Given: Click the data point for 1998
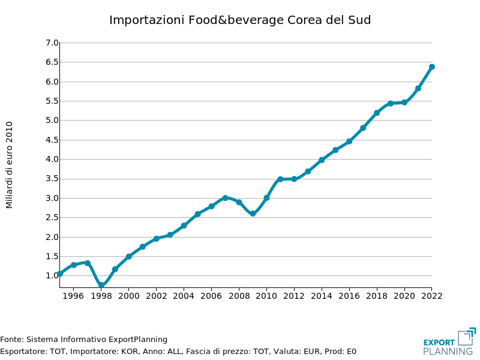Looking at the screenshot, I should pyautogui.click(x=101, y=285).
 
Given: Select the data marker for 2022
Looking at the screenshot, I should pyautogui.click(x=432, y=67).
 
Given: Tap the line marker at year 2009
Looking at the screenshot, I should pyautogui.click(x=253, y=214).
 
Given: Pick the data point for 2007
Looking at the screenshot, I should pyautogui.click(x=225, y=197).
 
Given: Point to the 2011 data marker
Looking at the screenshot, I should pyautogui.click(x=280, y=179).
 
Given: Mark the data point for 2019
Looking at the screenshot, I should pyautogui.click(x=391, y=103).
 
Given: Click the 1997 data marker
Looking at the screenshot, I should pyautogui.click(x=88, y=263).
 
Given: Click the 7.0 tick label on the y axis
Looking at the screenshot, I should pyautogui.click(x=52, y=43).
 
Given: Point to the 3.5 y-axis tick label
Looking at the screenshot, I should pyautogui.click(x=52, y=179).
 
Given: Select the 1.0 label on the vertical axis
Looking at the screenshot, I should pyautogui.click(x=52, y=276).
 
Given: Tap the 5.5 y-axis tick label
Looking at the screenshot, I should pyautogui.click(x=52, y=101).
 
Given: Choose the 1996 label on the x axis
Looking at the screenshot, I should pyautogui.click(x=73, y=296).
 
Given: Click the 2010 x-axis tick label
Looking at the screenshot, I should pyautogui.click(x=266, y=296).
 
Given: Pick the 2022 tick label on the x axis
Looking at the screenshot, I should pyautogui.click(x=432, y=296).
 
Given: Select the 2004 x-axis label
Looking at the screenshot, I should pyautogui.click(x=184, y=296).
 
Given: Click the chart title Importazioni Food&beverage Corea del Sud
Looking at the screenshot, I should pyautogui.click(x=240, y=20).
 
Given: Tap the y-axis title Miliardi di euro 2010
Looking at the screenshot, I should pyautogui.click(x=10, y=165).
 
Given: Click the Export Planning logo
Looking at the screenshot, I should pyautogui.click(x=449, y=342).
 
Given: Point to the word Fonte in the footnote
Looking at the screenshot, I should pyautogui.click(x=11, y=340).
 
